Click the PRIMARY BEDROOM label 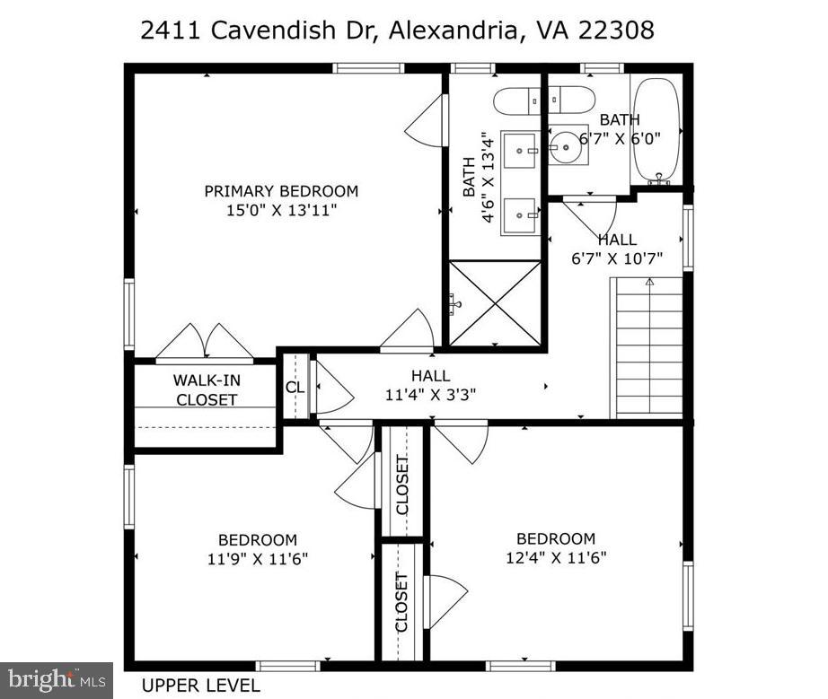pyautogui.click(x=281, y=191)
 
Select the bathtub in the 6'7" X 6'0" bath pyautogui.click(x=657, y=130)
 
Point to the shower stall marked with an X pyautogui.click(x=495, y=302)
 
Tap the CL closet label pyautogui.click(x=295, y=388)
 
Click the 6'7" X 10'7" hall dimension pyautogui.click(x=617, y=258)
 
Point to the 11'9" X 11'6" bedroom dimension pyautogui.click(x=257, y=558)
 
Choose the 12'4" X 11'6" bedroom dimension pyautogui.click(x=555, y=557)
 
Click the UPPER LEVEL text pyautogui.click(x=201, y=686)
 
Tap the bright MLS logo pyautogui.click(x=56, y=679)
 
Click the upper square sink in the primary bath pyautogui.click(x=520, y=150)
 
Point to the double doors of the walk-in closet pyautogui.click(x=207, y=341)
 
